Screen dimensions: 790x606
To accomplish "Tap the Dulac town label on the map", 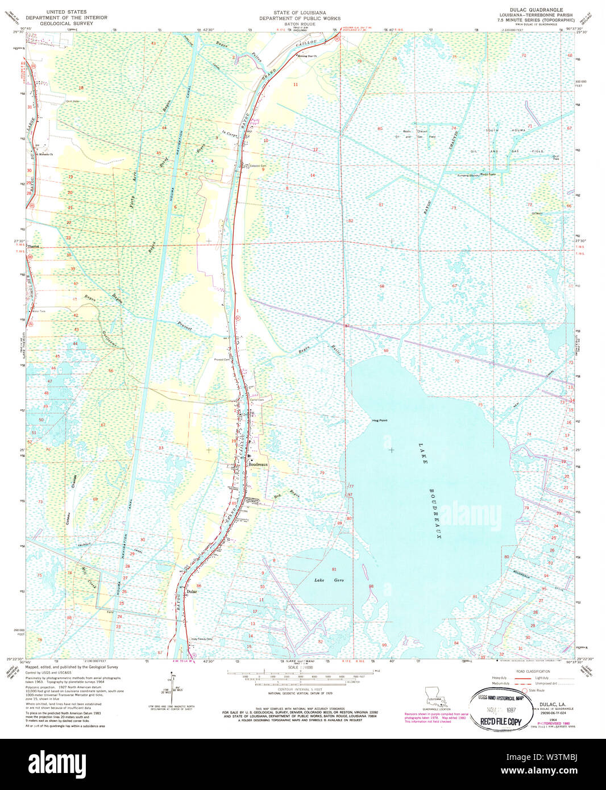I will [x=192, y=592].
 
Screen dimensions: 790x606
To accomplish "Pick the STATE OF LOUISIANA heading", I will [x=300, y=13].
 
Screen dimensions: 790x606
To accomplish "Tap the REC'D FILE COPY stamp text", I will [x=501, y=722].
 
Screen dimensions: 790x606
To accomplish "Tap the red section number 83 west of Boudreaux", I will [x=161, y=448].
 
